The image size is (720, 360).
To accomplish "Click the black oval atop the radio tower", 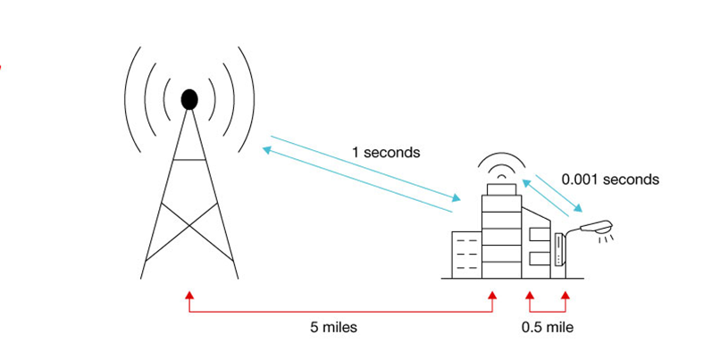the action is pyautogui.click(x=189, y=99).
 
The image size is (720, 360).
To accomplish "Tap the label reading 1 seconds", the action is pyautogui.click(x=386, y=153).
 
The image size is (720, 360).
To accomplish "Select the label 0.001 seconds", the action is pyautogui.click(x=610, y=179).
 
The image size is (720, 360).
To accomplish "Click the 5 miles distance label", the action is pyautogui.click(x=333, y=328).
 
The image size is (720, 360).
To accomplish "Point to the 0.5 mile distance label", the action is pyautogui.click(x=548, y=328).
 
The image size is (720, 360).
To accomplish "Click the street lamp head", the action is pyautogui.click(x=597, y=227).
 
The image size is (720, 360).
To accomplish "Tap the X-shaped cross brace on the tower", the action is pyautogui.click(x=189, y=225).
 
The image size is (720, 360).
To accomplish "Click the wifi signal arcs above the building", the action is pyautogui.click(x=501, y=165).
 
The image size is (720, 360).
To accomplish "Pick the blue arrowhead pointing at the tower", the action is pyautogui.click(x=267, y=150).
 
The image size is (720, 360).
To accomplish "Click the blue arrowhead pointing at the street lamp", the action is pyautogui.click(x=578, y=207).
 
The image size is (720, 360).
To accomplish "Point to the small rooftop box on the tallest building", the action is pyautogui.click(x=501, y=189).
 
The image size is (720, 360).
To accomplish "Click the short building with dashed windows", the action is pyautogui.click(x=466, y=255).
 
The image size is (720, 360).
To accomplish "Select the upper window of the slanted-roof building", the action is pyautogui.click(x=540, y=234).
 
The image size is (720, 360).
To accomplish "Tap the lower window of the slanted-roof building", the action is pyautogui.click(x=540, y=258).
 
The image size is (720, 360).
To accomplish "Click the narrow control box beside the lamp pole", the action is pyautogui.click(x=559, y=249).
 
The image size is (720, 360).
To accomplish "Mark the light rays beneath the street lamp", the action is pyautogui.click(x=607, y=239).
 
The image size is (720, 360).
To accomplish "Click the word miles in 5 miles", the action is pyautogui.click(x=339, y=328).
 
